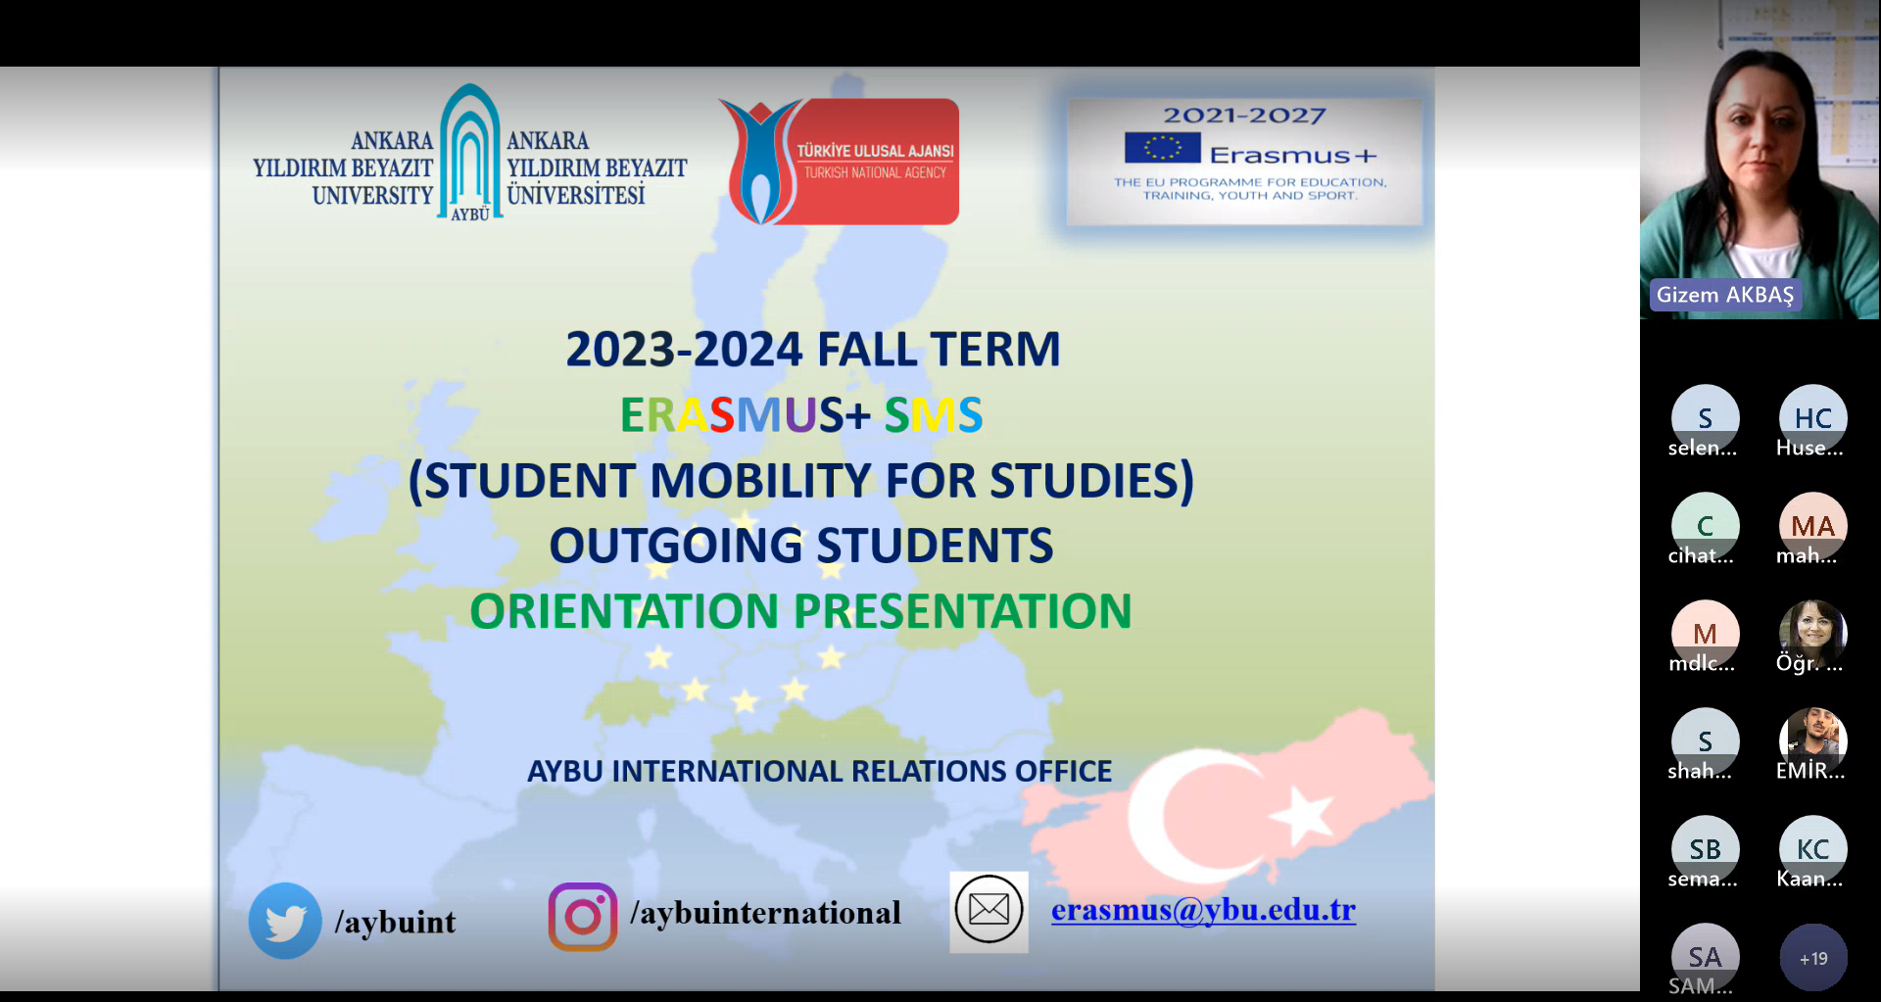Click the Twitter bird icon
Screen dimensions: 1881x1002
285,921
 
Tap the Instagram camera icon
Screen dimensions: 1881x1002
583,917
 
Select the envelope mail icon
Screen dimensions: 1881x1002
989,911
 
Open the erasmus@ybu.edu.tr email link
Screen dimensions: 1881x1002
1203,910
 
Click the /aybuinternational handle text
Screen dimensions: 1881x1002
766,913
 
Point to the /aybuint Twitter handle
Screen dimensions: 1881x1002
395,922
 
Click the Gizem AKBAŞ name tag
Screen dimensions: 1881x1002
1725,295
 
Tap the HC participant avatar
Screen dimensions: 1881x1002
1813,418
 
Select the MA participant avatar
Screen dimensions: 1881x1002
1813,526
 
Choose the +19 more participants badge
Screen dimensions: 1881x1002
1813,958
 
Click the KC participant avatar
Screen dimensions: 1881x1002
1813,849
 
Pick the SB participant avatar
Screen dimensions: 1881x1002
1706,849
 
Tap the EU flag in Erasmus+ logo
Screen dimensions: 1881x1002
1163,148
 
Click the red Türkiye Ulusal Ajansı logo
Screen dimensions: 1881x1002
840,162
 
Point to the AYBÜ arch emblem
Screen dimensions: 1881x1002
470,152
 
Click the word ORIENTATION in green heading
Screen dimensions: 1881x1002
624,611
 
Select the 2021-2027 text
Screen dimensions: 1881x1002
1244,116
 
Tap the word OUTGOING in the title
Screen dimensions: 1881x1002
676,546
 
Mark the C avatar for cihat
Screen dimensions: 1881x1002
1706,526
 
